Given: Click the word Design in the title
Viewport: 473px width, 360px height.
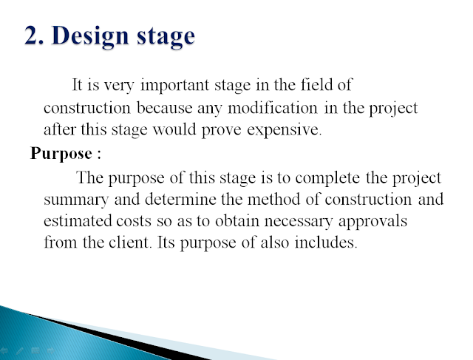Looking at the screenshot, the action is [91, 36].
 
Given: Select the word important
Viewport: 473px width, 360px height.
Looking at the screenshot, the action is [174, 86].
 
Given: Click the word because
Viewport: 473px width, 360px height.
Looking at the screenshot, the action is [164, 108].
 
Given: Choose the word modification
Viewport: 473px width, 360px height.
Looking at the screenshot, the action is [273, 108].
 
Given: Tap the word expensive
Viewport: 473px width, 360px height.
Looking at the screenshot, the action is [283, 130].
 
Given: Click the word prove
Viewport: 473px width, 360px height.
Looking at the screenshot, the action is [221, 130].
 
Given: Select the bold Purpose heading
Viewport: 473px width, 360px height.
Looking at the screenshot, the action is [61, 154].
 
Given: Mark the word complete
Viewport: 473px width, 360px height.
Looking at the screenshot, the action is [327, 178].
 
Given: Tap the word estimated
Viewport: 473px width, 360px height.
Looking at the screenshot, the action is [78, 220].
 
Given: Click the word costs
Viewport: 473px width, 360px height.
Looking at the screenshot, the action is [133, 221].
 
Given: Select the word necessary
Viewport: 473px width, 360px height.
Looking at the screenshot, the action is [299, 222].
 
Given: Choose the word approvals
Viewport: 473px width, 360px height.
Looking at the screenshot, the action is [372, 222].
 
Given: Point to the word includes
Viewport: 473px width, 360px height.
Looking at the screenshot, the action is [324, 242].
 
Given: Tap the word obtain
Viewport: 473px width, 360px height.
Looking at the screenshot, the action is [237, 220].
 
